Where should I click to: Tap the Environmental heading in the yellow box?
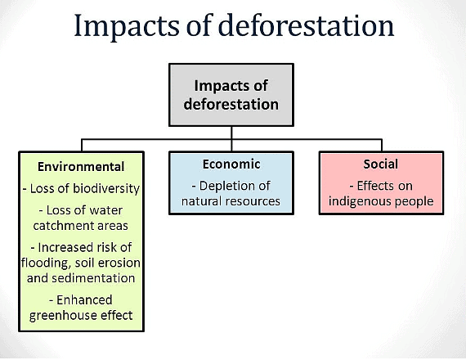pos(81,167)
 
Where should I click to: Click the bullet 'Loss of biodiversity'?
pos(81,189)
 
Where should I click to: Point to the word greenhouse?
pos(65,315)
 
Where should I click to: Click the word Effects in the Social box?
pos(373,186)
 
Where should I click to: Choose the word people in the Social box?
pos(411,201)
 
